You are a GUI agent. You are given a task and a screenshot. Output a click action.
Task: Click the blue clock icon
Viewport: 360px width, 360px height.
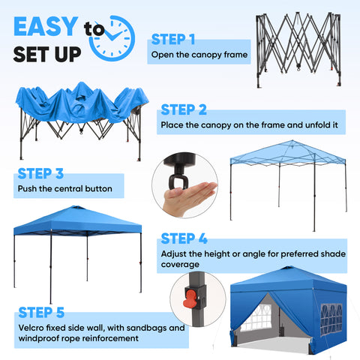[x=111, y=37]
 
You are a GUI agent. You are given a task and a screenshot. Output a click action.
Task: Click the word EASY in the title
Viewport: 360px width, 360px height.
[x=45, y=28]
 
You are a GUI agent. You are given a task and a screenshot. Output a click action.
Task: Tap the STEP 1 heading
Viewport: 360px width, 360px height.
[x=173, y=39]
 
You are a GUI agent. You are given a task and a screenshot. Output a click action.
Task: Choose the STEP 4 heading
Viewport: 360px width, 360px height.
[x=184, y=238]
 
